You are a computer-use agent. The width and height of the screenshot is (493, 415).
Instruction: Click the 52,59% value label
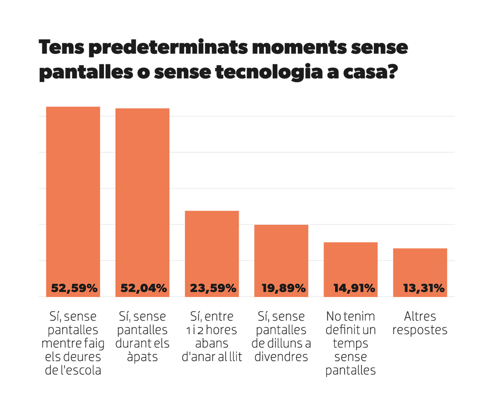[74, 288]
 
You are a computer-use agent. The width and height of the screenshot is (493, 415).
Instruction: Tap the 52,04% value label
[143, 288]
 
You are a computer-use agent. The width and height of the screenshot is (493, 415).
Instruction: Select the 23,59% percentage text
[213, 288]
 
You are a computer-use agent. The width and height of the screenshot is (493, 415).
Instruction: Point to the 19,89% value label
[283, 288]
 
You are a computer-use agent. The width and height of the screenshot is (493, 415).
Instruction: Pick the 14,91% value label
[354, 288]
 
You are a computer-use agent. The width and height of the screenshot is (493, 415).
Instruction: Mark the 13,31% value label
[424, 288]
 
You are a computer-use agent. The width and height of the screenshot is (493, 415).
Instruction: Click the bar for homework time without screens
[73, 202]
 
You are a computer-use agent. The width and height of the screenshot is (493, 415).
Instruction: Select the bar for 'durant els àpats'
[143, 203]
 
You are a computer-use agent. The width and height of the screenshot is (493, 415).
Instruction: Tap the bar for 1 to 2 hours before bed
[212, 254]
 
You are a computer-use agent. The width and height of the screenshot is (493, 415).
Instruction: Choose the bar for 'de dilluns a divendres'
[281, 261]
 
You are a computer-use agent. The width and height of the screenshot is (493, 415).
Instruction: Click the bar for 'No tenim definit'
[350, 270]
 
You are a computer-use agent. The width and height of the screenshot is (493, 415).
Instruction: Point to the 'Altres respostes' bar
[420, 272]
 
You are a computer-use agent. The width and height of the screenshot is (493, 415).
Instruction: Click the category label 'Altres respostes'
[420, 323]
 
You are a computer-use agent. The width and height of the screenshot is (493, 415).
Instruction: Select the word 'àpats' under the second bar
[143, 357]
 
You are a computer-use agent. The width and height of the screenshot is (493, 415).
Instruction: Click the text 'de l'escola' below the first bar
[73, 370]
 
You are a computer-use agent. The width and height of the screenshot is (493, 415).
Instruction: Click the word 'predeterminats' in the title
[168, 48]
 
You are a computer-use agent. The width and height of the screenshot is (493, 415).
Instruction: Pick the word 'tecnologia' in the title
[269, 72]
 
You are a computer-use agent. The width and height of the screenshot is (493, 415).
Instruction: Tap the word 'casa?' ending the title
[371, 72]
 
